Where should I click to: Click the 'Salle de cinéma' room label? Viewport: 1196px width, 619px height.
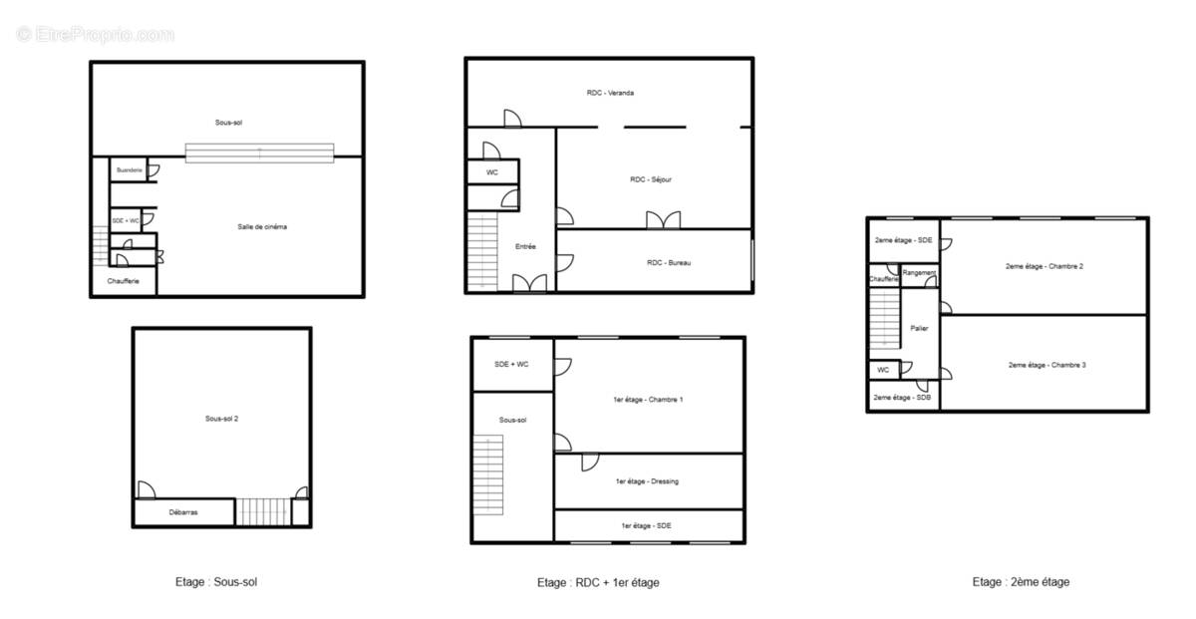(x=262, y=227)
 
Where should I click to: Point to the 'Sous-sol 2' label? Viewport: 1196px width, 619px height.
(x=221, y=419)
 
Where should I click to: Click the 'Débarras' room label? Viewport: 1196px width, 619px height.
(x=183, y=512)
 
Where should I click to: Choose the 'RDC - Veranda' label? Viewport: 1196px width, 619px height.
(x=610, y=93)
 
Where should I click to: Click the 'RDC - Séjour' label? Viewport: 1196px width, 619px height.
(x=650, y=179)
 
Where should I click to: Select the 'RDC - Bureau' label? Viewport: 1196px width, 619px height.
(x=669, y=262)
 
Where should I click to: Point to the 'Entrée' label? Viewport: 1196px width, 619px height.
(x=525, y=246)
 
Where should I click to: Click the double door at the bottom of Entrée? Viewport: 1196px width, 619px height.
(x=528, y=283)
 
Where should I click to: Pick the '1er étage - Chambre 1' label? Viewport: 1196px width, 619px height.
(x=648, y=400)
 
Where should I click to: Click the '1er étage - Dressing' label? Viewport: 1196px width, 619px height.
(x=648, y=481)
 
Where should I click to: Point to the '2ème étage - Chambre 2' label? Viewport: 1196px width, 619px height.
(x=1044, y=266)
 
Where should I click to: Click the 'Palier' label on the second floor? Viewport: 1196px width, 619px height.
(x=919, y=328)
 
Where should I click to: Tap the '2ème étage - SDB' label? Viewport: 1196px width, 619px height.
(x=902, y=398)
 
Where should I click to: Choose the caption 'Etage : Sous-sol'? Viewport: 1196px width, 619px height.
(x=216, y=582)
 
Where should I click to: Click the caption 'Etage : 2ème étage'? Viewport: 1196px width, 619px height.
(x=1021, y=582)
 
